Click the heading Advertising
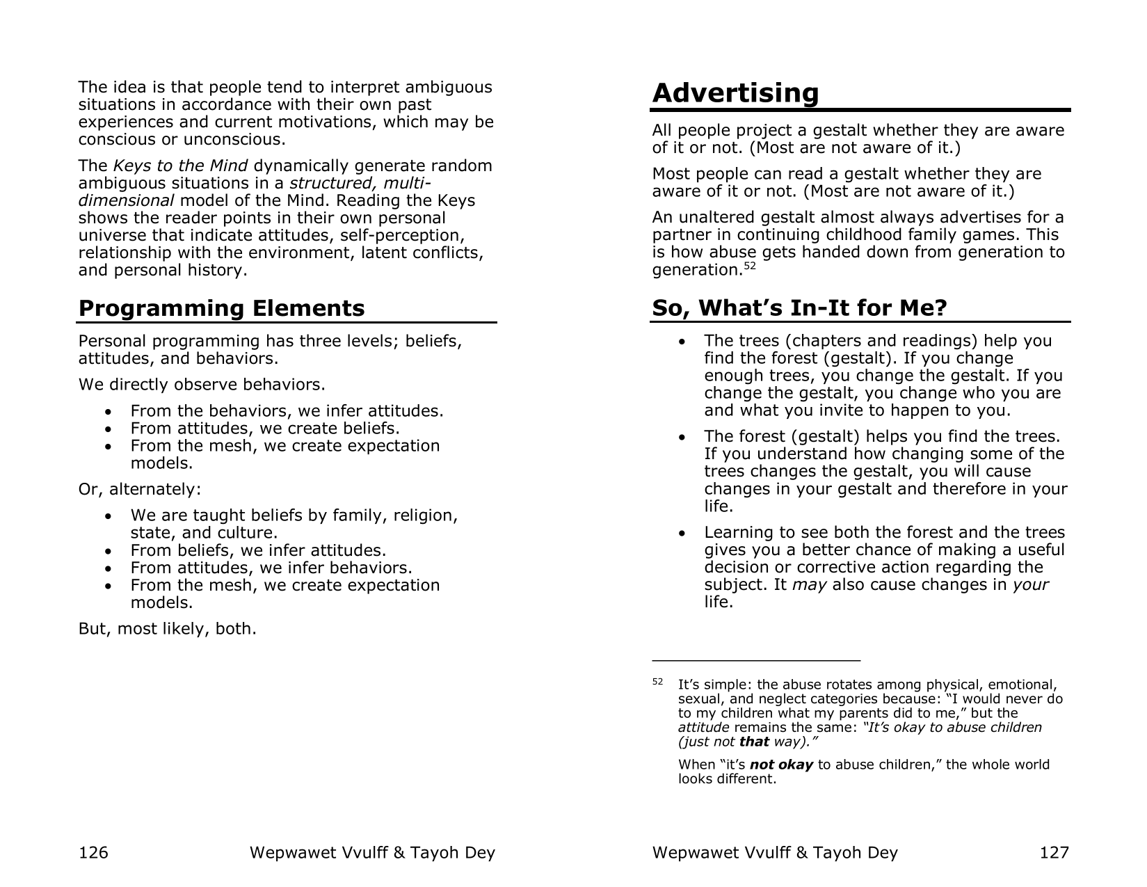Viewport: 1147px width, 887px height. pyautogui.click(x=735, y=93)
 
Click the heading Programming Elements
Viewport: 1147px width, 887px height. pyautogui.click(x=221, y=308)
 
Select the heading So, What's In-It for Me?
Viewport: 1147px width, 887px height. pyautogui.click(x=799, y=307)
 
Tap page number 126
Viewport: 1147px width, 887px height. pyautogui.click(x=93, y=852)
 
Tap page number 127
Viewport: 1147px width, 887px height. pyautogui.click(x=1054, y=852)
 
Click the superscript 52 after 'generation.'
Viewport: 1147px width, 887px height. pyautogui.click(x=749, y=266)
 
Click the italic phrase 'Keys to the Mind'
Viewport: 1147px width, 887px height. pyautogui.click(x=180, y=166)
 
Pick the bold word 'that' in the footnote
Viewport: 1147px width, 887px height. pyautogui.click(x=754, y=742)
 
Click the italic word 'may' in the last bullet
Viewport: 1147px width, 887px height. pyautogui.click(x=809, y=584)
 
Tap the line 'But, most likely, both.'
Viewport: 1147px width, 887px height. pyautogui.click(x=168, y=629)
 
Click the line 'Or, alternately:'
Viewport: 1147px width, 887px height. pyautogui.click(x=140, y=489)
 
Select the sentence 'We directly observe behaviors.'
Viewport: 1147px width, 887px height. pyautogui.click(x=202, y=385)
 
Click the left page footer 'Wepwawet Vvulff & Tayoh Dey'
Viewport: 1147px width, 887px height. pyautogui.click(x=372, y=852)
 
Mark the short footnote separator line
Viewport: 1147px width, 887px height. pyautogui.click(x=756, y=660)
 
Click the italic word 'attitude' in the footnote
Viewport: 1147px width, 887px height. pyautogui.click(x=703, y=728)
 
